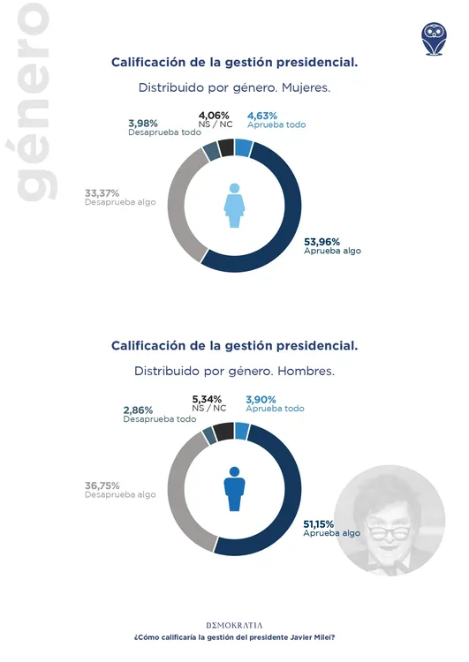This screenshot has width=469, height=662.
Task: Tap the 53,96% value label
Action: click(x=322, y=240)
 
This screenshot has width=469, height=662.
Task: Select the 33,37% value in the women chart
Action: click(x=102, y=192)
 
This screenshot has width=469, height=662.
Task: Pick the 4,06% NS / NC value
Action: click(x=214, y=115)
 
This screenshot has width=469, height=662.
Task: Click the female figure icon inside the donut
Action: click(x=234, y=206)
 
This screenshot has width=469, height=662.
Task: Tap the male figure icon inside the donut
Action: click(x=234, y=489)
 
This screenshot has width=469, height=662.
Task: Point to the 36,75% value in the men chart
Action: click(x=102, y=485)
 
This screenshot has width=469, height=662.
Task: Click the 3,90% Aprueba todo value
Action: click(x=263, y=399)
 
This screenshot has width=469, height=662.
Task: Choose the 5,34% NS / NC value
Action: click(x=209, y=399)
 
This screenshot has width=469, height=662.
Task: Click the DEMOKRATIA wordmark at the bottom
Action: click(x=234, y=624)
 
